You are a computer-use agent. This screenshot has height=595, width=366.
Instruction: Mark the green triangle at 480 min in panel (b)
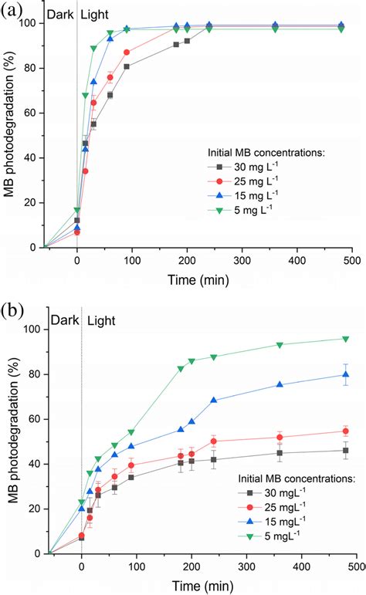pyautogui.click(x=346, y=339)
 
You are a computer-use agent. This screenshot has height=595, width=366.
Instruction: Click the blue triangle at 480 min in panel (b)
pyautogui.click(x=346, y=374)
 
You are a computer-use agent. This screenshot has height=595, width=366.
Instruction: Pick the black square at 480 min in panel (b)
pyautogui.click(x=346, y=451)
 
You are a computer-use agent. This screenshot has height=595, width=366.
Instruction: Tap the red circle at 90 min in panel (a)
pyautogui.click(x=127, y=52)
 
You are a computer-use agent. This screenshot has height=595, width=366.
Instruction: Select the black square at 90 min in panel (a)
pyautogui.click(x=127, y=66)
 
